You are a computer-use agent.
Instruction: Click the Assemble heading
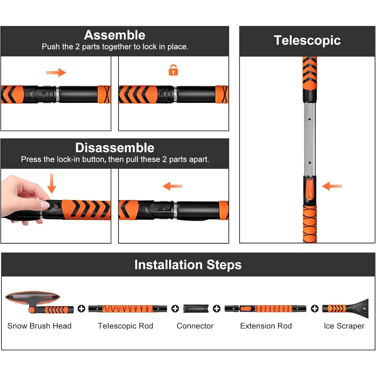pyautogui.click(x=115, y=35)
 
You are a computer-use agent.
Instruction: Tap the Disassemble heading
pyautogui.click(x=115, y=148)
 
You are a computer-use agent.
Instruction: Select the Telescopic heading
pyautogui.click(x=307, y=40)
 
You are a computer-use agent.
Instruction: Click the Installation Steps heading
pyautogui.click(x=188, y=265)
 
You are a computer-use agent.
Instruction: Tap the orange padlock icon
pyautogui.click(x=173, y=70)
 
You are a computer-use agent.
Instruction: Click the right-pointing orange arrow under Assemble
pyautogui.click(x=56, y=73)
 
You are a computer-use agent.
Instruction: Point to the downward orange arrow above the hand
pyautogui.click(x=52, y=183)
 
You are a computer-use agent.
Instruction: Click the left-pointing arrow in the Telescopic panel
pyautogui.click(x=332, y=186)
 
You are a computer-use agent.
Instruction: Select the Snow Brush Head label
pyautogui.click(x=39, y=326)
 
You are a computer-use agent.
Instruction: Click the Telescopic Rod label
pyautogui.click(x=125, y=326)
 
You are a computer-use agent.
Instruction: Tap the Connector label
pyautogui.click(x=195, y=326)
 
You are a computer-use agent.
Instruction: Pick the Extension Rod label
pyautogui.click(x=266, y=326)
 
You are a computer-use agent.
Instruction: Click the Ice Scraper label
pyautogui.click(x=344, y=326)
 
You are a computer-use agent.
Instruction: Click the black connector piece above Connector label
pyautogui.click(x=196, y=309)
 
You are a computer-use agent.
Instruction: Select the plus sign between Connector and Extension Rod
pyautogui.click(x=217, y=309)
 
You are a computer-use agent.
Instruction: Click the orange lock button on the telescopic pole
pyautogui.click(x=310, y=189)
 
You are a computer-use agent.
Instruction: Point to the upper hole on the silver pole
pyautogui.click(x=310, y=119)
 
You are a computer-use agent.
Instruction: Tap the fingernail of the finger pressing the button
pyautogui.click(x=45, y=205)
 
